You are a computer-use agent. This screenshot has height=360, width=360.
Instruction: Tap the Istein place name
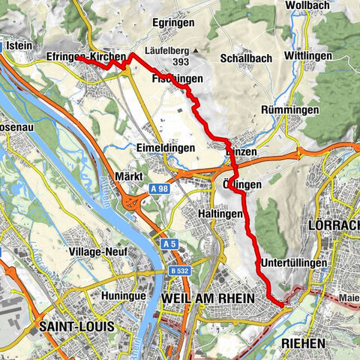pos(17,45)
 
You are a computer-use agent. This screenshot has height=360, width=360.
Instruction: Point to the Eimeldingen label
pos(165,148)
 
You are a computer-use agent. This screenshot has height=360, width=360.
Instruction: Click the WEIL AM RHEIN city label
pos(208,298)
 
